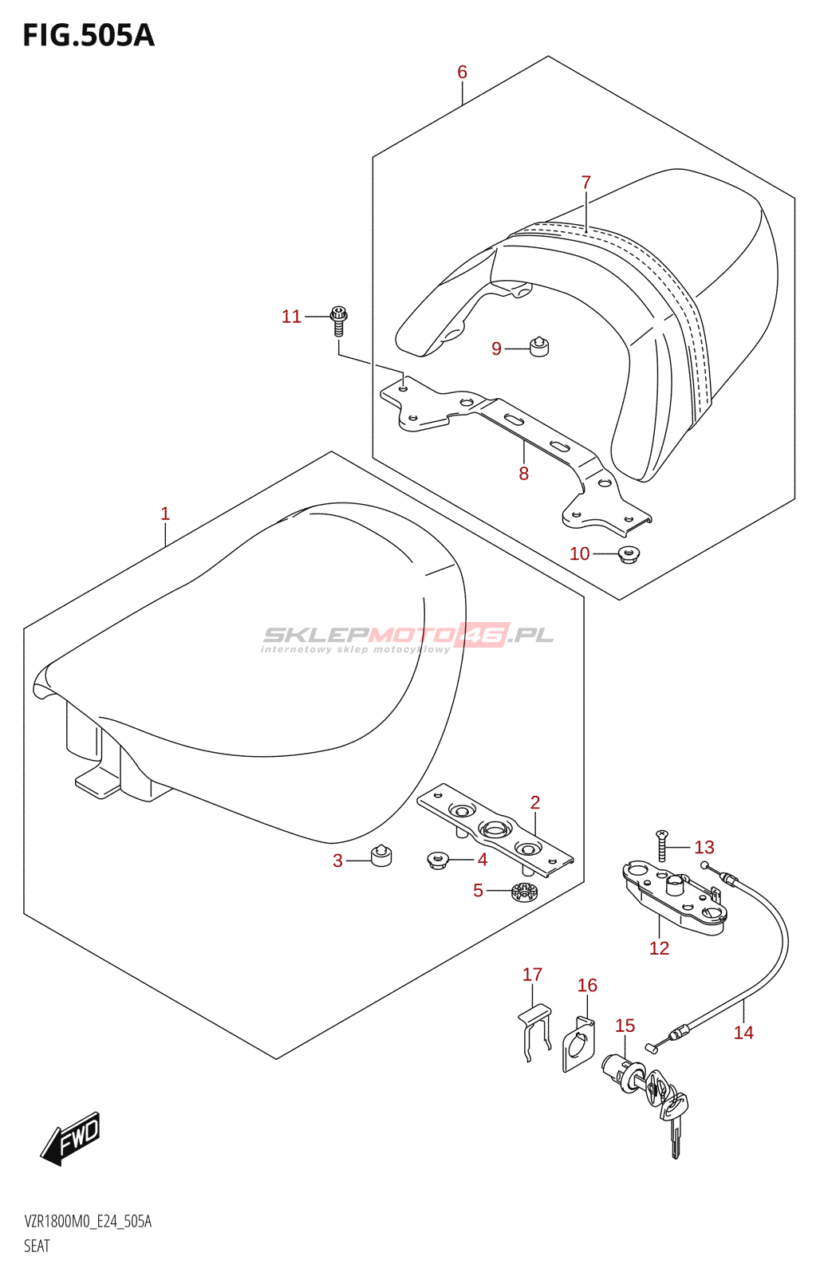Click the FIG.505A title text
(89, 35)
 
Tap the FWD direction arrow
(72, 1136)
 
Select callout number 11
(291, 317)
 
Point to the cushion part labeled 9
(540, 347)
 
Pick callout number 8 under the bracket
(523, 474)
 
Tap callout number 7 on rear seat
(586, 183)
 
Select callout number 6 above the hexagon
(462, 72)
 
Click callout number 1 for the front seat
(165, 514)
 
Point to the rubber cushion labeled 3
(381, 856)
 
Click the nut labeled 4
(438, 860)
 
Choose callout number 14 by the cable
(743, 1033)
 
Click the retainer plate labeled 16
(578, 1045)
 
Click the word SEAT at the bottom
(37, 1246)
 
